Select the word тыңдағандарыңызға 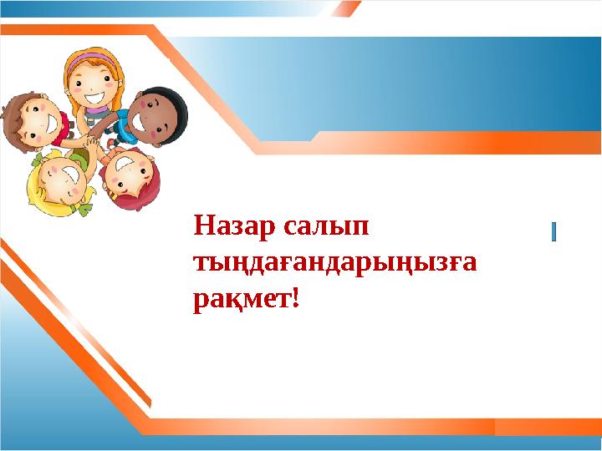(x=335, y=264)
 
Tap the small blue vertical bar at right (x=554, y=231)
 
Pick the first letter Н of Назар (x=201, y=226)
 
